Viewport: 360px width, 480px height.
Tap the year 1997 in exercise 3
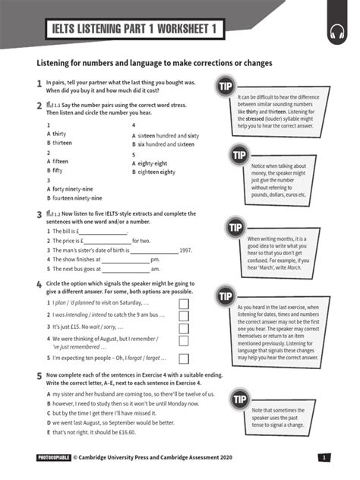(185, 250)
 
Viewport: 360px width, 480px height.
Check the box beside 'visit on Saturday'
(183, 304)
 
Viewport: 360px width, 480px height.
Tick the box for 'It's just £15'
(183, 326)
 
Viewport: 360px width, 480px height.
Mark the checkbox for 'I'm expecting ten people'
(183, 358)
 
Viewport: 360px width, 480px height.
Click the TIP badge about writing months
(235, 227)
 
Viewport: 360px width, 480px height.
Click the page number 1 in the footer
(324, 458)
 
